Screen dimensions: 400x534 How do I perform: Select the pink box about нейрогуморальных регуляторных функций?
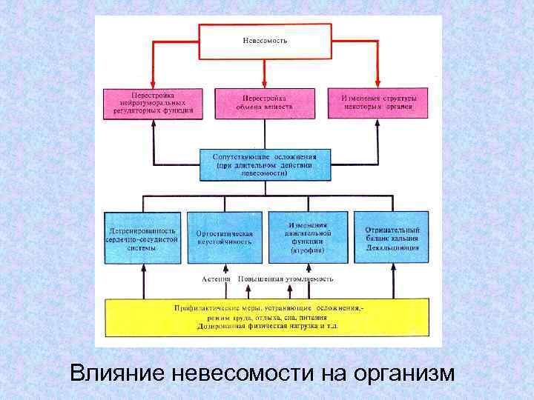(x=153, y=103)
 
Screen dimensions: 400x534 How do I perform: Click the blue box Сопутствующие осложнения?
(x=265, y=164)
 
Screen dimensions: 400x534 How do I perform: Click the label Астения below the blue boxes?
(x=217, y=279)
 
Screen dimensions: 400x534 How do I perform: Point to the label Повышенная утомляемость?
(x=286, y=279)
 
